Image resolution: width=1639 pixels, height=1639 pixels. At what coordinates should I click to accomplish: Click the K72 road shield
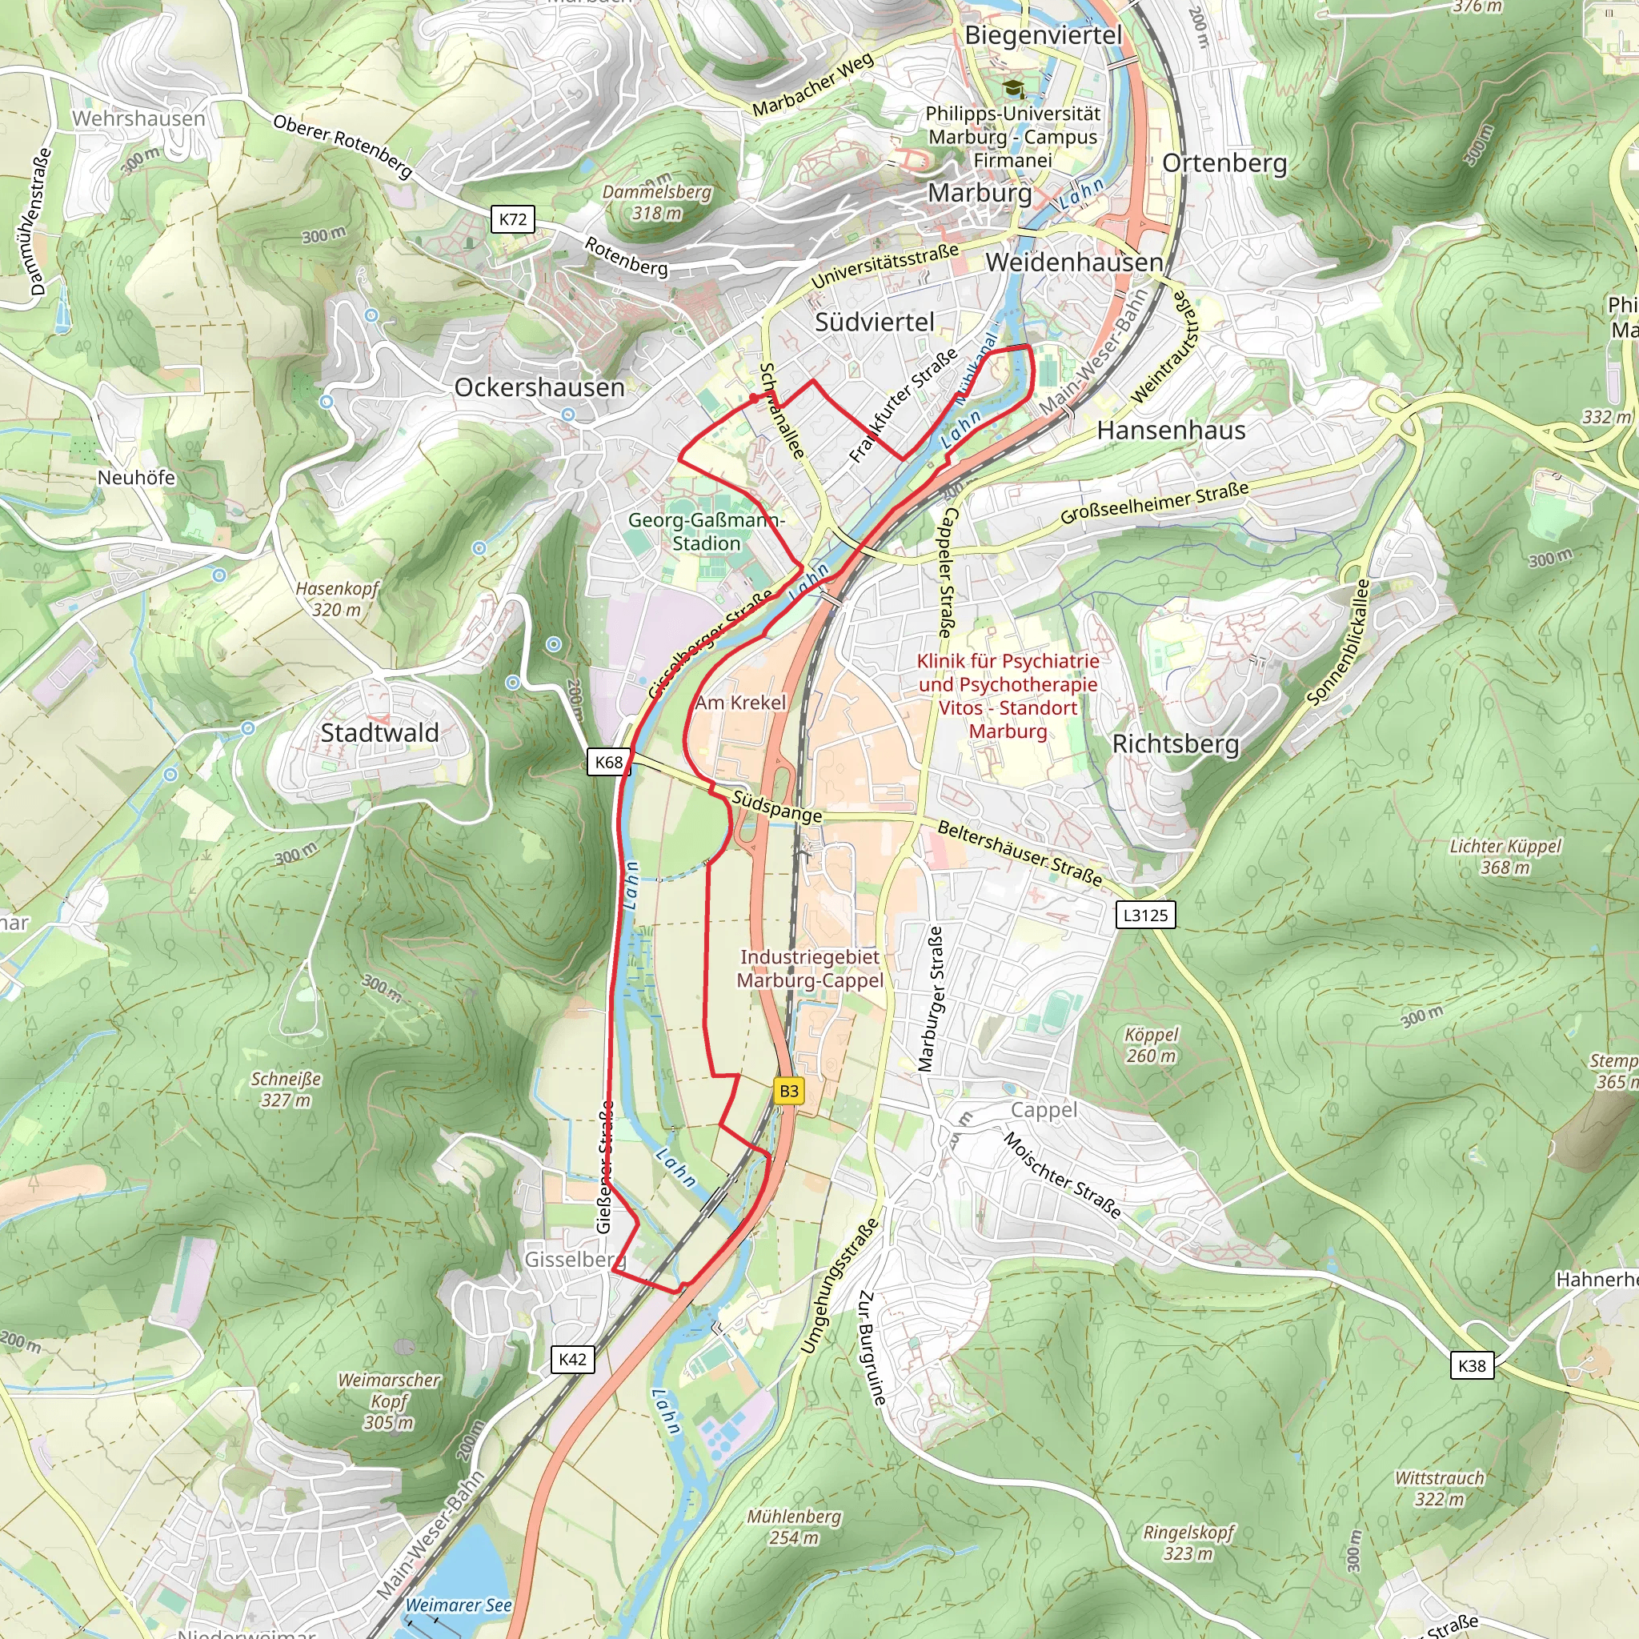click(x=512, y=218)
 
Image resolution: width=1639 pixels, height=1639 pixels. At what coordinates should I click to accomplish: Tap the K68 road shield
click(x=608, y=762)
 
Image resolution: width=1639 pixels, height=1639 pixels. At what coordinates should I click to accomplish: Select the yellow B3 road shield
click(x=789, y=1091)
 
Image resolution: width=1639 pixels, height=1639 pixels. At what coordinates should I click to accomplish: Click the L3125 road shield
click(x=1145, y=915)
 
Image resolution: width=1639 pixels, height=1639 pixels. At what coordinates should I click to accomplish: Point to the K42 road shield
click(x=573, y=1359)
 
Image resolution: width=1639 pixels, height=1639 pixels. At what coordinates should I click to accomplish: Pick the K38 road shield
click(x=1472, y=1365)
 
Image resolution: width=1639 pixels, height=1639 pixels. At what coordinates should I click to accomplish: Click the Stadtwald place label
click(x=379, y=733)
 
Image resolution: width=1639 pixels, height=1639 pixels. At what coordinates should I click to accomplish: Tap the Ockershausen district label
click(x=539, y=387)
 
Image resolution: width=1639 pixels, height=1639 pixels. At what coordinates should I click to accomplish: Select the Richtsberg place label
click(x=1176, y=744)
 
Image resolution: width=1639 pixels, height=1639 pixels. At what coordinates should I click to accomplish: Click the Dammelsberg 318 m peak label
click(x=656, y=202)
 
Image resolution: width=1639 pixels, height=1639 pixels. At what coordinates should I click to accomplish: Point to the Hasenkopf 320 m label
click(x=337, y=599)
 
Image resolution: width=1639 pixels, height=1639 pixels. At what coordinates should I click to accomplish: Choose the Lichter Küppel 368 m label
click(x=1505, y=857)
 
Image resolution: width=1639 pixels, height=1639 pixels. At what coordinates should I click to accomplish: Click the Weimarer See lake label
click(x=458, y=1605)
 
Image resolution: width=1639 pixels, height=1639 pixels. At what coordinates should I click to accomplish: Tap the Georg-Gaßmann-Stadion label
click(x=706, y=532)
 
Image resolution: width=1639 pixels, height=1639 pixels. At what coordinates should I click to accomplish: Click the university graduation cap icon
click(x=1013, y=87)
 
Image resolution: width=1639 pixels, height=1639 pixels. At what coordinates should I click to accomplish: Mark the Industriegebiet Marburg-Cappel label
click(x=810, y=969)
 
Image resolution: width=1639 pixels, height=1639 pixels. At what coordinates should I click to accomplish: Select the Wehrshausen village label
click(x=138, y=118)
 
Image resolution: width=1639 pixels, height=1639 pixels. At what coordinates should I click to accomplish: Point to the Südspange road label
click(x=777, y=807)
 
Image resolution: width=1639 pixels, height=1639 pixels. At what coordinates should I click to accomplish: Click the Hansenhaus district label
click(x=1171, y=430)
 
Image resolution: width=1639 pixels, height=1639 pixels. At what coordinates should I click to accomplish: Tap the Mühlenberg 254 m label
click(x=794, y=1526)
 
